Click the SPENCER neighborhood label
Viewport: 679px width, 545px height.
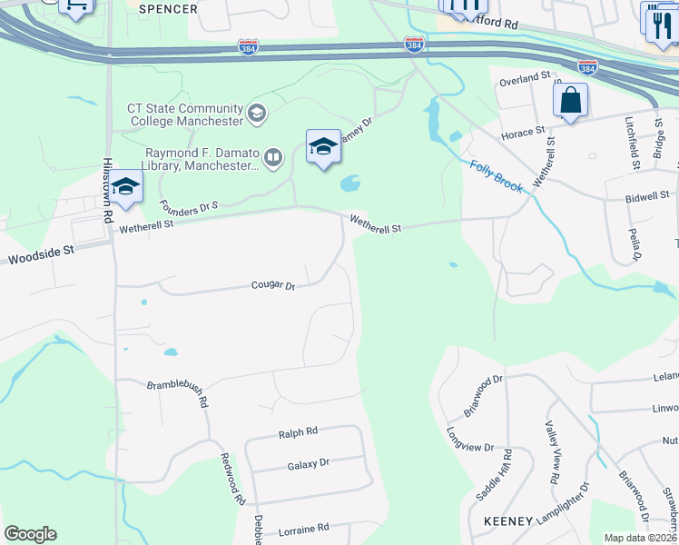click(169, 9)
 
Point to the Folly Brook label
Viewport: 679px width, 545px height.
click(497, 176)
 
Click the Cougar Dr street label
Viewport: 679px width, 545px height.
click(273, 286)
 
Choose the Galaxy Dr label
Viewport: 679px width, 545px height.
click(308, 464)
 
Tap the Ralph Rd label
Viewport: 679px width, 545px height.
click(298, 432)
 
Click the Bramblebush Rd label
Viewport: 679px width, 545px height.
click(178, 393)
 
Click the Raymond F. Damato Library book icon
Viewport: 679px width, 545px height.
click(272, 159)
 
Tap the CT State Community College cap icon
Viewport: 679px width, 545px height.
click(257, 114)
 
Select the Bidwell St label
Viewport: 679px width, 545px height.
click(647, 195)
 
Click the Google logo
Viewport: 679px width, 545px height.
click(30, 534)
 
